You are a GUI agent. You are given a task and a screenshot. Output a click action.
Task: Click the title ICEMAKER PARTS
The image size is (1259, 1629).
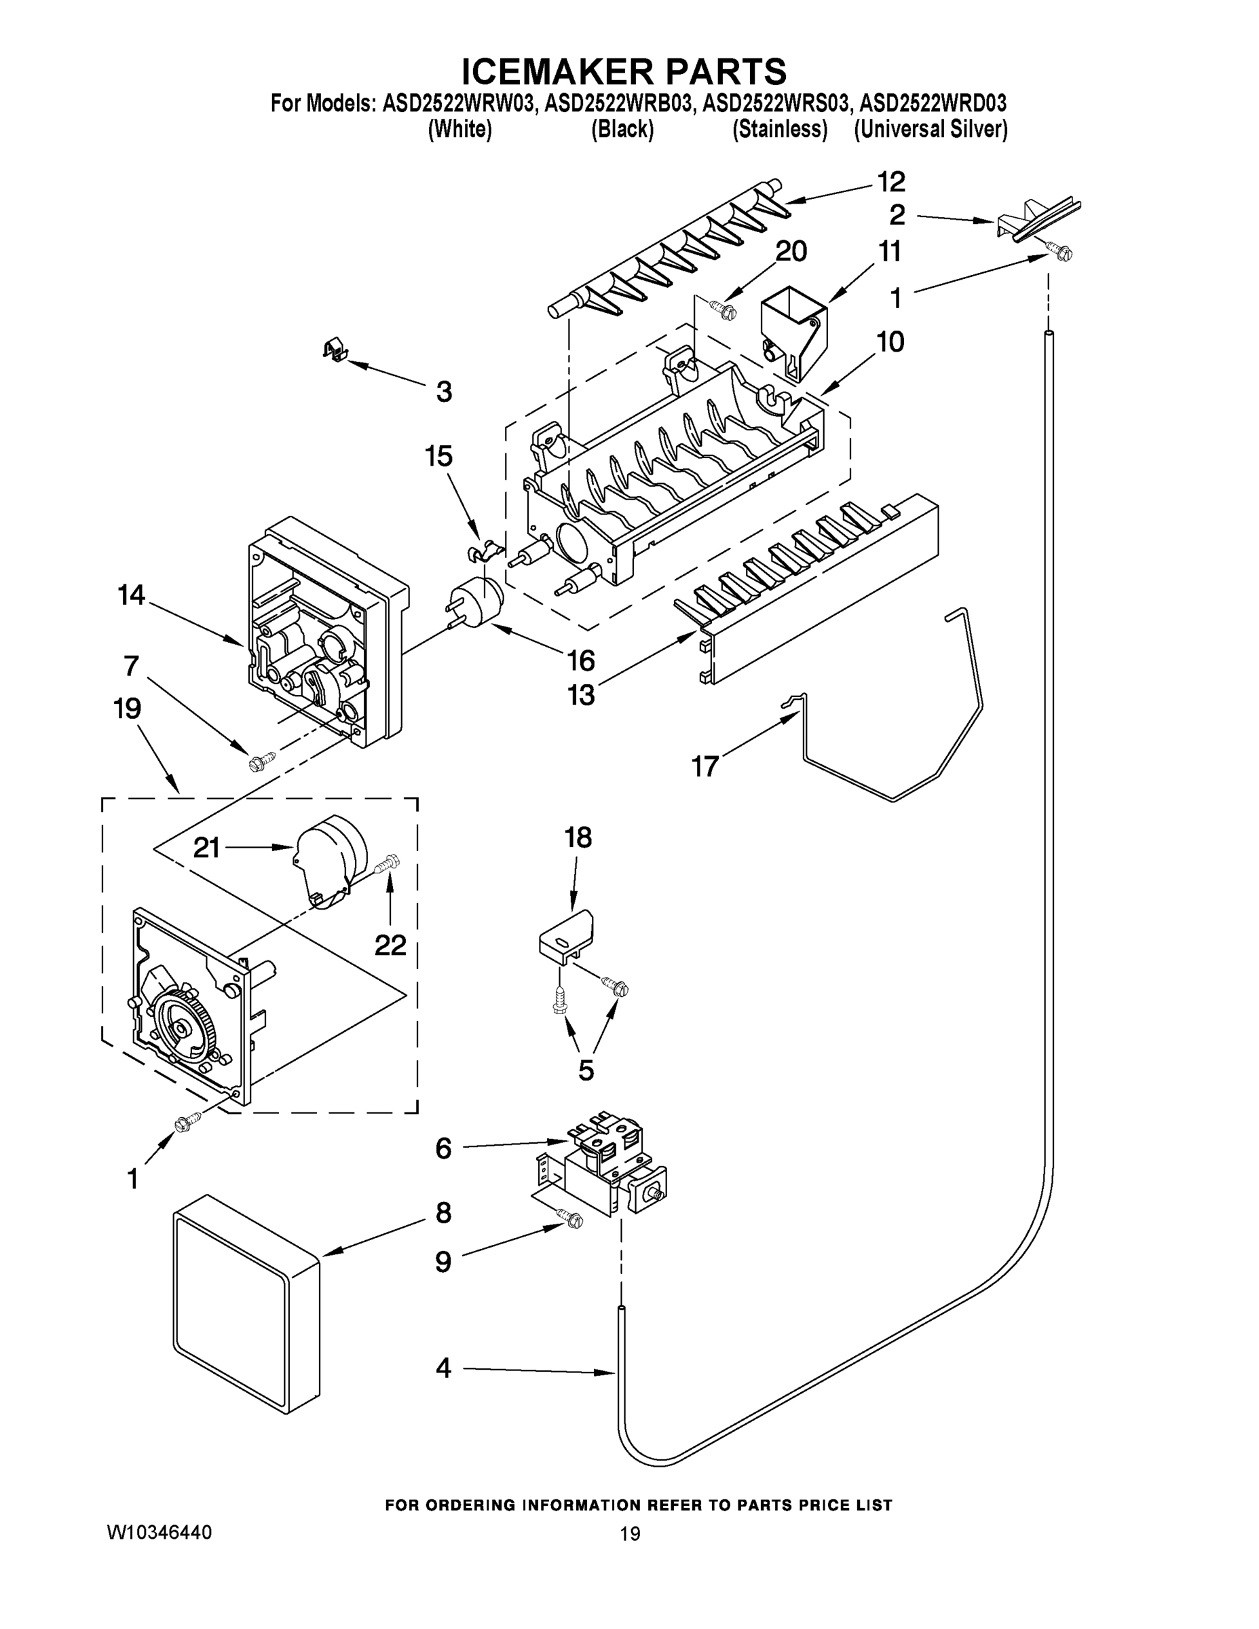pyautogui.click(x=624, y=71)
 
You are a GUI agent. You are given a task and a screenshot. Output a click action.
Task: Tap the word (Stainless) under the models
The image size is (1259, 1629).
pyautogui.click(x=779, y=129)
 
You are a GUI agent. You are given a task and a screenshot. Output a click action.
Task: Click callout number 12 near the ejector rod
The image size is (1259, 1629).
pyautogui.click(x=890, y=181)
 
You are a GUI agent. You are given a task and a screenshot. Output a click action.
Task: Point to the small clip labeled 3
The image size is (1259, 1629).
pyautogui.click(x=336, y=350)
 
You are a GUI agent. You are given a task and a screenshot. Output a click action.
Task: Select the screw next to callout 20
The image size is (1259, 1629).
pyautogui.click(x=723, y=307)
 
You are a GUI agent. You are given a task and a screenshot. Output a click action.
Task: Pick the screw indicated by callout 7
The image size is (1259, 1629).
pyautogui.click(x=261, y=762)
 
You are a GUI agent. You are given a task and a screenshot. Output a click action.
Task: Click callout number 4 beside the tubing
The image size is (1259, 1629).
pyautogui.click(x=443, y=1367)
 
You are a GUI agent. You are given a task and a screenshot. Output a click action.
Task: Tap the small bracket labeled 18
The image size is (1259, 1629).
pyautogui.click(x=567, y=935)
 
